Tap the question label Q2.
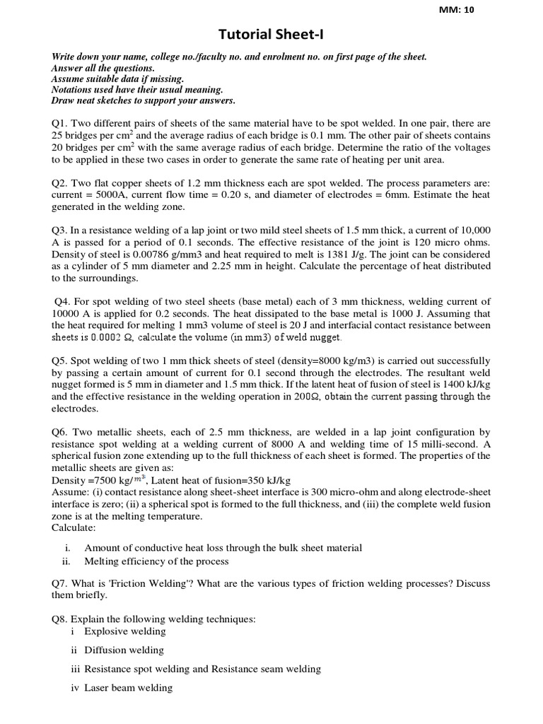(60, 182)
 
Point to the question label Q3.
(60, 231)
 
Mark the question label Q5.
(60, 360)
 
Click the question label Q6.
(60, 431)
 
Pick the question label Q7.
(60, 583)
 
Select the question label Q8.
(60, 619)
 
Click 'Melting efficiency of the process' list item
(156, 561)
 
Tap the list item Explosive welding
(124, 631)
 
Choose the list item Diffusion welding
(124, 650)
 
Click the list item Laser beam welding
(128, 687)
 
